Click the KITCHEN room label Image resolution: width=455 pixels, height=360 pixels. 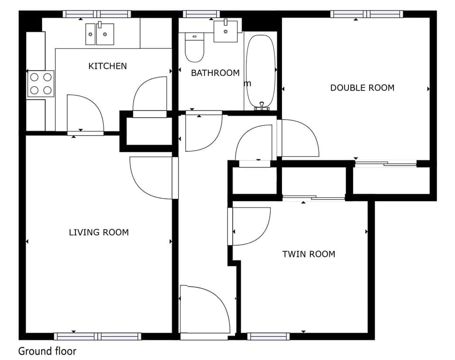coord(108,66)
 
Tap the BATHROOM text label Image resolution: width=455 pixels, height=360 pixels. coord(215,73)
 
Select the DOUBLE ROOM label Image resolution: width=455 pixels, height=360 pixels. coord(362,88)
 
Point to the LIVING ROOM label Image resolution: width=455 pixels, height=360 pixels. coord(99,232)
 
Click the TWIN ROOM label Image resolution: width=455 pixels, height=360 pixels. coord(309,254)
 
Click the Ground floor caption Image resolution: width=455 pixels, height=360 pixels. coord(47,351)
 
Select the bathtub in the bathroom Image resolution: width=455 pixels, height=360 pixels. coord(260,71)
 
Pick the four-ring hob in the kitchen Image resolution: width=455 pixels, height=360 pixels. coord(40,83)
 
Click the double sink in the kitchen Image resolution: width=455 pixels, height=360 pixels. coord(100,34)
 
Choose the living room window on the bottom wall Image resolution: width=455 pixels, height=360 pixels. coord(98,336)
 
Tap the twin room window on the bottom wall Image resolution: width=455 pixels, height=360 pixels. coord(268,336)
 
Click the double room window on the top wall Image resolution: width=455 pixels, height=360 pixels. coord(366,14)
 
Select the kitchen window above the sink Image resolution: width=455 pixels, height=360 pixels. coord(97,14)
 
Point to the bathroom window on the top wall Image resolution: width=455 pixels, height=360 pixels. coord(201,14)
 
